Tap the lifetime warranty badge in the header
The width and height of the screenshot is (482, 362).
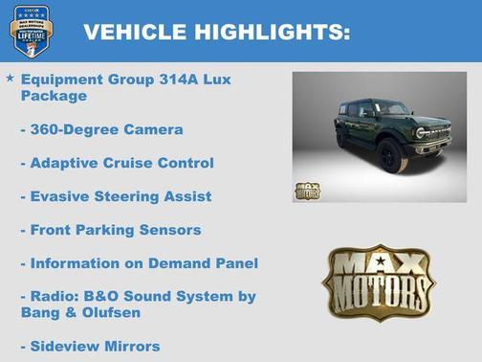click(x=31, y=32)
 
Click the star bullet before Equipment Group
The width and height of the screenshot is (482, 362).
click(x=10, y=77)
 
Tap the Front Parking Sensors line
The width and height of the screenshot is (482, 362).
click(x=111, y=230)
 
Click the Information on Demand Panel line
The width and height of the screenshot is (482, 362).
click(x=140, y=263)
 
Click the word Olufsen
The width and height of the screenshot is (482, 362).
click(x=121, y=312)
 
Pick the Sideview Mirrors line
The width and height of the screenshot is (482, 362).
click(x=90, y=346)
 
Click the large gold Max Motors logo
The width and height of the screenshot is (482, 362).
click(x=380, y=283)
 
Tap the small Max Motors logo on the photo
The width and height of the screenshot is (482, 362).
click(x=308, y=189)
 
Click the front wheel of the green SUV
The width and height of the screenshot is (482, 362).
click(x=392, y=155)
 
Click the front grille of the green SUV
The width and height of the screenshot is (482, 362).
click(x=431, y=133)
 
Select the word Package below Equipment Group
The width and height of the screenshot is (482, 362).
click(x=54, y=96)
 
